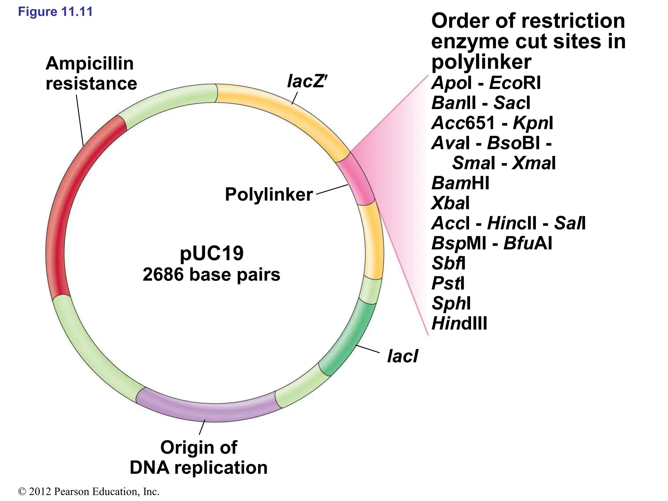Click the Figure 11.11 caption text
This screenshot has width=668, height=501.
55,12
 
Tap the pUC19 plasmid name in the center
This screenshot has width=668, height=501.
211,253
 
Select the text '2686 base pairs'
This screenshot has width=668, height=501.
211,274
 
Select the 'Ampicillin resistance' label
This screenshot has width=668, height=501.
91,73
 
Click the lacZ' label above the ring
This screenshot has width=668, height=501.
307,81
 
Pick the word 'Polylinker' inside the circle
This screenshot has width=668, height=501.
269,194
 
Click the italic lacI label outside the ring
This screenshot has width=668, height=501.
402,356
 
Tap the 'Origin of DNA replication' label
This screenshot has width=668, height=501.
198,457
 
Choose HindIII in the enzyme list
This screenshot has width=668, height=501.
459,324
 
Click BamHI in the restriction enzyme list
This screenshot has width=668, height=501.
460,183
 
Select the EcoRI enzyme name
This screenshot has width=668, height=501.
515,83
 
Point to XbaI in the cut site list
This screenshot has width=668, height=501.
450,203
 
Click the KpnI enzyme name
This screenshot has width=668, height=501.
533,123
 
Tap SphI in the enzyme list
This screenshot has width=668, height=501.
451,303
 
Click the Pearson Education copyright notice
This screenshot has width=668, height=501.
89,491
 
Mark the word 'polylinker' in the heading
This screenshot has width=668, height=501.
481,62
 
